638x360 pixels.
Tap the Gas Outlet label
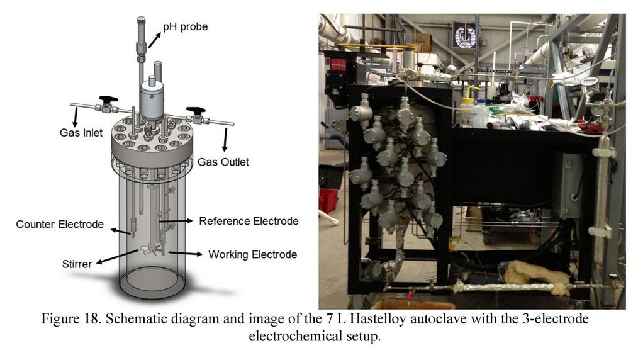click(223, 162)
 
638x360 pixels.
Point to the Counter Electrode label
click(60, 224)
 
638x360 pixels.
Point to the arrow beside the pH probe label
click(153, 40)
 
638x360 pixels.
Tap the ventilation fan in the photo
click(464, 35)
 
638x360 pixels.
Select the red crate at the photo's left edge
click(328, 201)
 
